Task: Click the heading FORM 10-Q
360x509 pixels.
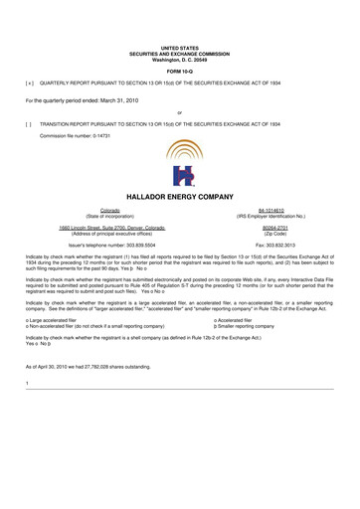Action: click(180, 73)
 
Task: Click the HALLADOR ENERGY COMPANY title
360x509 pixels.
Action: click(180, 198)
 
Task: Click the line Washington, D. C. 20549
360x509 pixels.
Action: click(180, 58)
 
